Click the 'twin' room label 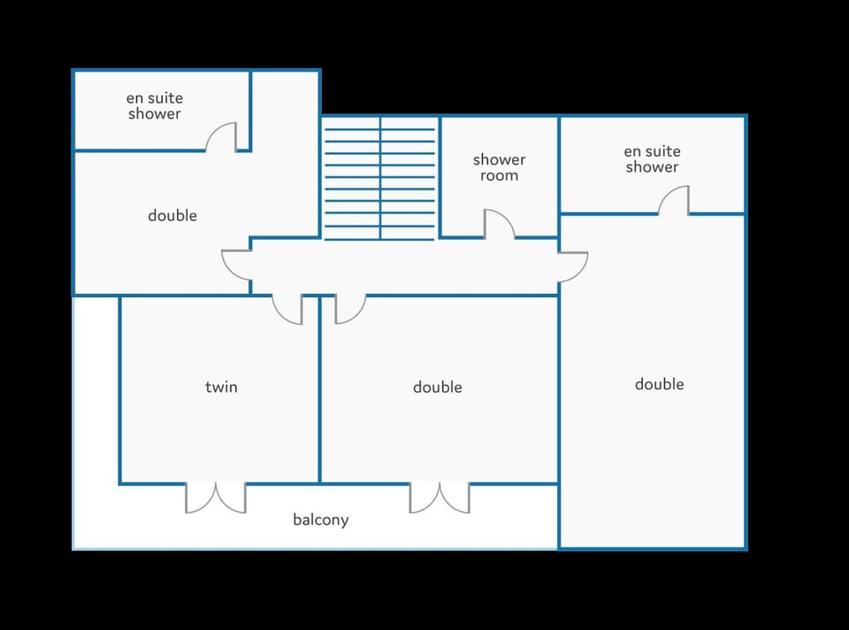pyautogui.click(x=221, y=387)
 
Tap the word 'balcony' pyautogui.click(x=320, y=519)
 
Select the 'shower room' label pyautogui.click(x=499, y=167)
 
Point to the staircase pyautogui.click(x=379, y=178)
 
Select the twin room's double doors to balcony pyautogui.click(x=216, y=498)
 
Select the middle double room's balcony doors pyautogui.click(x=440, y=498)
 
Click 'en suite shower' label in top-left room pyautogui.click(x=154, y=105)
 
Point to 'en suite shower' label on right pyautogui.click(x=652, y=158)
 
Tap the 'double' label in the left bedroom pyautogui.click(x=172, y=216)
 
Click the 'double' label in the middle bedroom pyautogui.click(x=438, y=387)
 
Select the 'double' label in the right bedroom pyautogui.click(x=659, y=384)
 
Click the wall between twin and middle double pyautogui.click(x=320, y=389)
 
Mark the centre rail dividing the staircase pyautogui.click(x=380, y=178)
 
